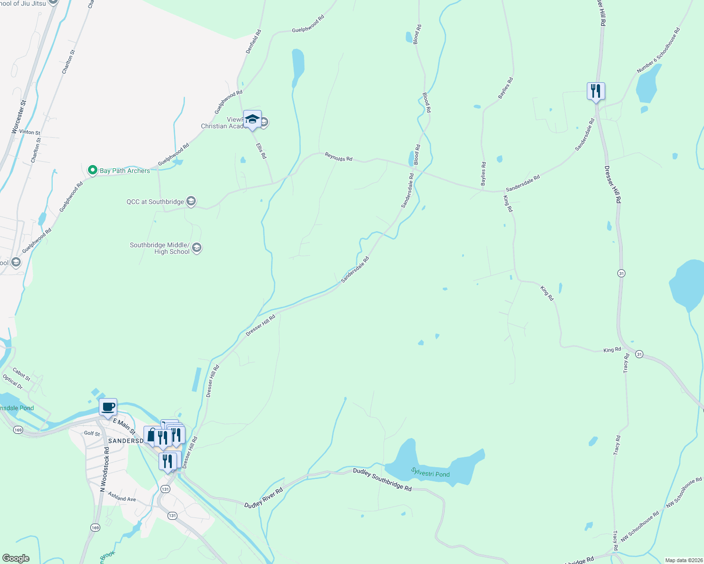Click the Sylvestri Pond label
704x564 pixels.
(x=430, y=472)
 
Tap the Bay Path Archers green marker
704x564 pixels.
(x=93, y=170)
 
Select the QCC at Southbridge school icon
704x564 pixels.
(x=191, y=202)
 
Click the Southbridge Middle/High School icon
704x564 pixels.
(x=197, y=248)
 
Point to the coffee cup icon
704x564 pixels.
(x=108, y=407)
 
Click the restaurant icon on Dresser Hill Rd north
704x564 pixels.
(x=595, y=91)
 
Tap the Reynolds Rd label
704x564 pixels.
(x=338, y=157)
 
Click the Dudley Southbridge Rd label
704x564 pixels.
(x=382, y=479)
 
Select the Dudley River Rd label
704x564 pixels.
(x=264, y=498)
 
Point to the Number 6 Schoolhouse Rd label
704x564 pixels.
(x=658, y=50)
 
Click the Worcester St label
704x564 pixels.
(x=19, y=117)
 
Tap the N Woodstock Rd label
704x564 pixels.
(x=104, y=469)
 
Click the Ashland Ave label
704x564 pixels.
(x=122, y=496)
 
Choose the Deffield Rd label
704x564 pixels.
(x=254, y=41)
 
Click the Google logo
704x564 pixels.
(x=16, y=558)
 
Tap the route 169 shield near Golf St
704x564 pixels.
(x=18, y=430)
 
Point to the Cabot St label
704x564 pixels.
(x=22, y=374)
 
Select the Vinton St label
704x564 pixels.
(x=30, y=132)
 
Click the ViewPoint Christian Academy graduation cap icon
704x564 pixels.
(x=252, y=119)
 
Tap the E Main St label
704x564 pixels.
(x=124, y=426)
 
